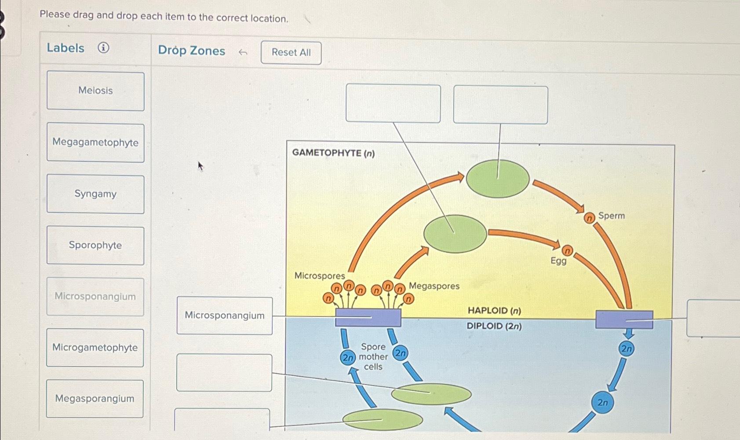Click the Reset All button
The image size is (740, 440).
(291, 53)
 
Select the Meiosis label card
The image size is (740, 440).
(95, 91)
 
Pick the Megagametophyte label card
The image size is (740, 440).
(95, 142)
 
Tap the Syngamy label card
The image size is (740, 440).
(95, 194)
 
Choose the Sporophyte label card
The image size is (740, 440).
(95, 245)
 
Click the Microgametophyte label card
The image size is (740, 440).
(95, 348)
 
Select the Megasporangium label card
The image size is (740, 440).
(95, 399)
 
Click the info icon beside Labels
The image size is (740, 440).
(103, 47)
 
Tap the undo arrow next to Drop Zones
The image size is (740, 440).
(243, 53)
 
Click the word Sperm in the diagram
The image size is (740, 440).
(611, 216)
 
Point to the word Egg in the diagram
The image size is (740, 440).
(558, 261)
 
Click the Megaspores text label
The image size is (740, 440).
(434, 286)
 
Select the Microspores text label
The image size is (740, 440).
(320, 276)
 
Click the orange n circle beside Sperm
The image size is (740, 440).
(589, 218)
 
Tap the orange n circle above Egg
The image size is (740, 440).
(568, 251)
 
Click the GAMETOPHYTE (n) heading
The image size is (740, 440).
(333, 153)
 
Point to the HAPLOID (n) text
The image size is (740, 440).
(494, 311)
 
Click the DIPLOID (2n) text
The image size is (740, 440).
(494, 326)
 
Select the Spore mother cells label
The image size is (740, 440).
(373, 356)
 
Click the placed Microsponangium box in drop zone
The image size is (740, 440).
(225, 316)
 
